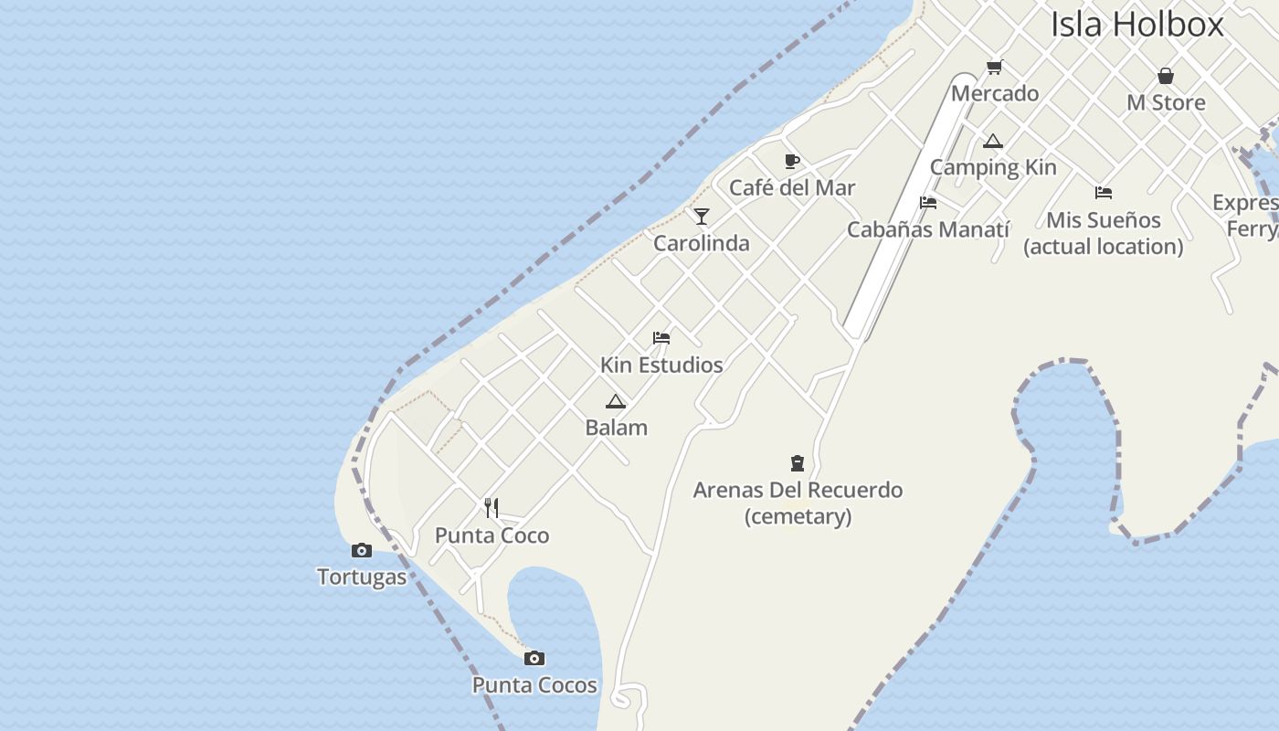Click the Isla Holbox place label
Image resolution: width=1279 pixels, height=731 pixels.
[x=1136, y=24]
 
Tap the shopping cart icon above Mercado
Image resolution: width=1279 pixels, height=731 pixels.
[x=995, y=67]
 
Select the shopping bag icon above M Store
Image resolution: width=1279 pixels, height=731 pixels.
[x=1166, y=76]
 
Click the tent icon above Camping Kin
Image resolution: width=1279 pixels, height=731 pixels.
[x=993, y=141]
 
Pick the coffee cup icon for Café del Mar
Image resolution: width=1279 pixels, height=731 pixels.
[x=792, y=162]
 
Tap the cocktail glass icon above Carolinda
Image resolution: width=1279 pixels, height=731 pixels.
[x=702, y=217]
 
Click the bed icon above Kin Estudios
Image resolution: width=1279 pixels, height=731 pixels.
[x=661, y=338]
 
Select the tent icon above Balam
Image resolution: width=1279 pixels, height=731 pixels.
[x=616, y=401]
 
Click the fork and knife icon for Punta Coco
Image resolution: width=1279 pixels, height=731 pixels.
[x=492, y=508]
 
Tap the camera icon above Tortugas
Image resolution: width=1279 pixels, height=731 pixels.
[x=362, y=550]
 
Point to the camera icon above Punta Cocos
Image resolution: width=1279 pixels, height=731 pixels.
[x=534, y=658]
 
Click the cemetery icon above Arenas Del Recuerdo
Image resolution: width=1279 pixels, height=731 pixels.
[x=798, y=463]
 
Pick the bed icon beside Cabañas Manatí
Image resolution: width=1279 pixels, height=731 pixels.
[x=928, y=203]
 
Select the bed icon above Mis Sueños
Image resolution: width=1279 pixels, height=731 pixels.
[x=1104, y=193]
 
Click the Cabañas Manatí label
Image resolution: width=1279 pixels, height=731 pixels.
[x=928, y=229]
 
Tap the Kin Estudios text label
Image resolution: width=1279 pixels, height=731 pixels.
[x=661, y=365]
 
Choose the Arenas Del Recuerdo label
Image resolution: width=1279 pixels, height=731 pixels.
[x=798, y=491]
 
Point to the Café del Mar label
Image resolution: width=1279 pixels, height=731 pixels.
[x=792, y=188]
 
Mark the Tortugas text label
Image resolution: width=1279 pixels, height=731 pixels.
[x=362, y=577]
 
